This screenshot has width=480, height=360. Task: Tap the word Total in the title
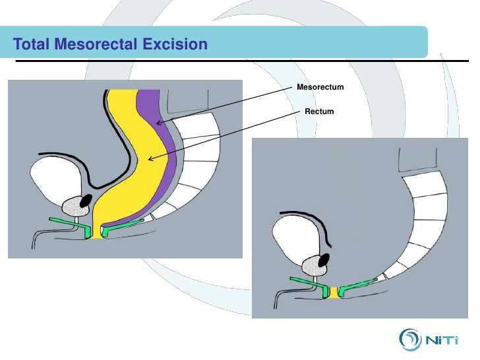(x=31, y=45)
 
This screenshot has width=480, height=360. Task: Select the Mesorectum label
(x=320, y=87)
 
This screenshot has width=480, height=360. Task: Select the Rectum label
(x=319, y=111)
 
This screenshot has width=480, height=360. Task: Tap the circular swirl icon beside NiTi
(x=409, y=340)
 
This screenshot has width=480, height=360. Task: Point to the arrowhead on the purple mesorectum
(x=158, y=123)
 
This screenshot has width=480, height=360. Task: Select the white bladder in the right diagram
(x=297, y=241)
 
